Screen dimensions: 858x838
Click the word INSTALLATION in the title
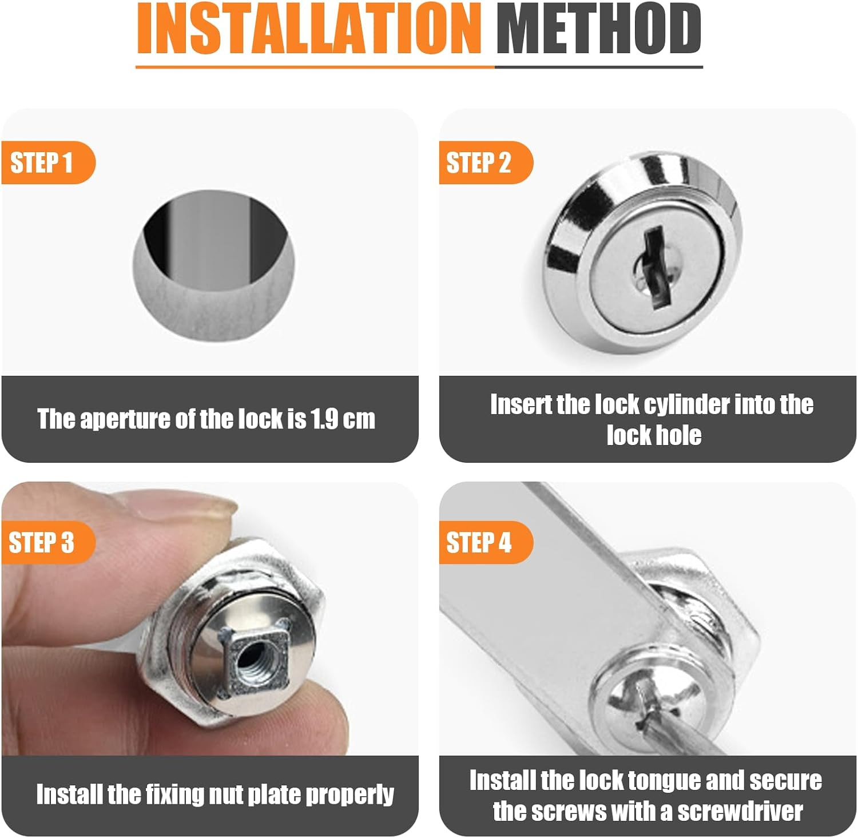(x=309, y=29)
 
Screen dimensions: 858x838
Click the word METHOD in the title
(x=599, y=29)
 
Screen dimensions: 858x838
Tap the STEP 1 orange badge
(x=48, y=162)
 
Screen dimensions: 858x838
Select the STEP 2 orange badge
(x=486, y=162)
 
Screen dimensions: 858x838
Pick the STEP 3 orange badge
(x=48, y=542)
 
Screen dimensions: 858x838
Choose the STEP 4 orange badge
(x=486, y=542)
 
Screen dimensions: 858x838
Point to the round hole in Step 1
(x=214, y=267)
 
